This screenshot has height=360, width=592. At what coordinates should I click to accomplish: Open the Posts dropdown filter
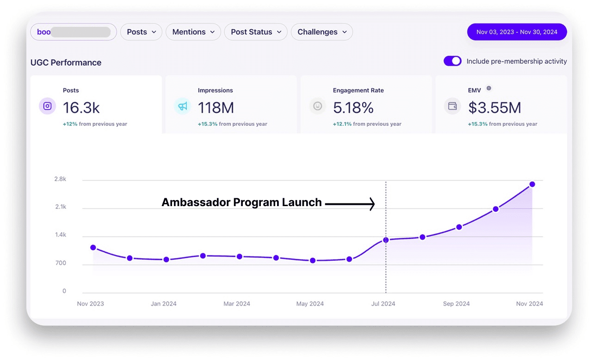click(141, 32)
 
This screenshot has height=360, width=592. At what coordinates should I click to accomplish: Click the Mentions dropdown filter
click(193, 32)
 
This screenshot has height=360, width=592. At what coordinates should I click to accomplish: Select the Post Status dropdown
click(256, 32)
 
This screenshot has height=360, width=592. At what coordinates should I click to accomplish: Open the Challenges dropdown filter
click(322, 32)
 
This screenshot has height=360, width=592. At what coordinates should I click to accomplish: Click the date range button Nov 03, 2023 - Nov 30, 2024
click(517, 32)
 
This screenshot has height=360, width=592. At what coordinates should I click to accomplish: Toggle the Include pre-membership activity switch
click(452, 61)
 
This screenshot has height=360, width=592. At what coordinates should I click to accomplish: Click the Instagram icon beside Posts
click(48, 106)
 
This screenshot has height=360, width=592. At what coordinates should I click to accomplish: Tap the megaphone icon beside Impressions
click(183, 106)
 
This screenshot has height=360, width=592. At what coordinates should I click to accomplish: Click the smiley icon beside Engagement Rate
click(318, 106)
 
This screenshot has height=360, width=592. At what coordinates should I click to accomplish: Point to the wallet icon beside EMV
click(453, 106)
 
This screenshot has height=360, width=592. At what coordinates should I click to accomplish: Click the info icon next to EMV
click(489, 89)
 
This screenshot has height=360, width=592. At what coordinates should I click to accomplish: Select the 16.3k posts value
click(81, 108)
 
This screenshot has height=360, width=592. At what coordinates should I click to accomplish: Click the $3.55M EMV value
click(494, 108)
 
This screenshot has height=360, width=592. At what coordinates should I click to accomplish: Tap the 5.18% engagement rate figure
click(353, 108)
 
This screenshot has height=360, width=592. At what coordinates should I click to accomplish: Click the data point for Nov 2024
click(532, 184)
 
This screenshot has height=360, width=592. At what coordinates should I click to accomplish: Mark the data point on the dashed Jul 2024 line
click(386, 240)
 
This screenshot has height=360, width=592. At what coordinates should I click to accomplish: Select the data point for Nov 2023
click(93, 248)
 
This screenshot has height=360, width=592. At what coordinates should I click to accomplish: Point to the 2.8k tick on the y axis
click(61, 179)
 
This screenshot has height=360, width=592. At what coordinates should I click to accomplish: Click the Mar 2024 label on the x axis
click(237, 304)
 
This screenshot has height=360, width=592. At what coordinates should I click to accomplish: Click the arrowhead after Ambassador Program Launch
click(372, 203)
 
